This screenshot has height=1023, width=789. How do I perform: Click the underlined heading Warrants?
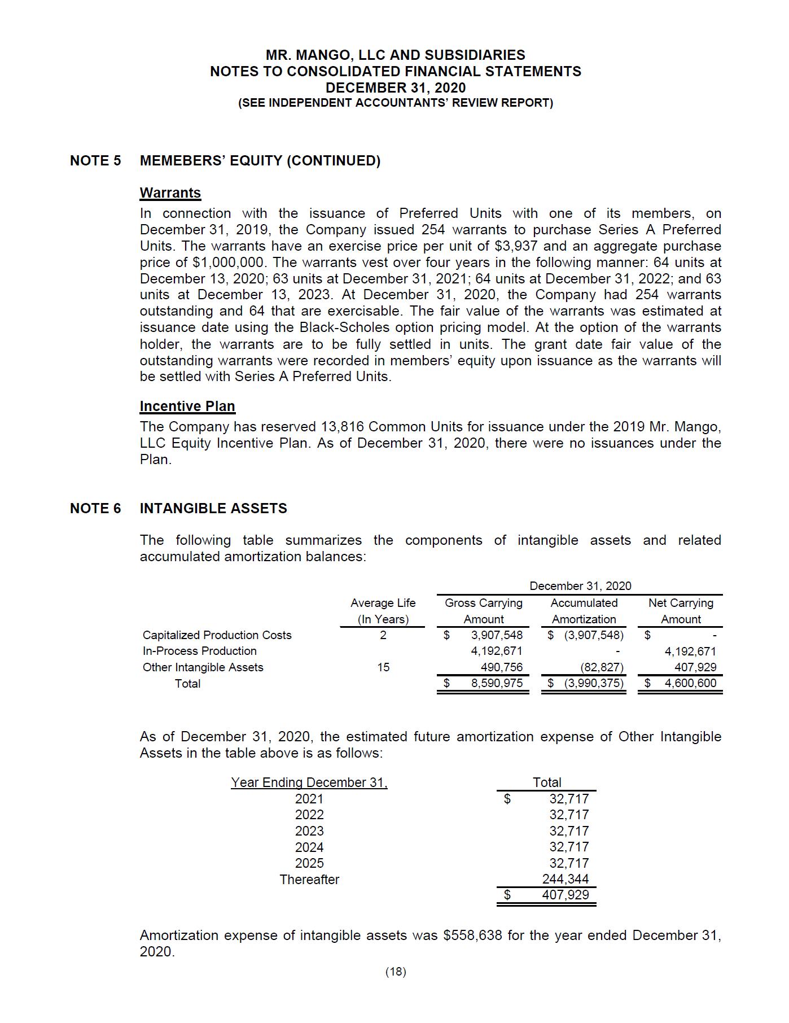170,193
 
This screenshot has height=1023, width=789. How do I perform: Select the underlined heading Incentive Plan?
187,406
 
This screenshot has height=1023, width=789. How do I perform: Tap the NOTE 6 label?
95,508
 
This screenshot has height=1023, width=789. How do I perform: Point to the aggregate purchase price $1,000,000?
229,263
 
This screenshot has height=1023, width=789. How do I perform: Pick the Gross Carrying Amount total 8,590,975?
497,683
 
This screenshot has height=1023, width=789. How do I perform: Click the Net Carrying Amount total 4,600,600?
690,683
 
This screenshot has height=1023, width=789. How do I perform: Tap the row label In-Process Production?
199,651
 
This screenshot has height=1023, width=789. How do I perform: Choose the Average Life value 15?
383,667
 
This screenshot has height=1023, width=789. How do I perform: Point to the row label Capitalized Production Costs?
217,635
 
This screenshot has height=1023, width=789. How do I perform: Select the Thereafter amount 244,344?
565,879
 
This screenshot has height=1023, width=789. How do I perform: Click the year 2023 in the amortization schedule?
309,831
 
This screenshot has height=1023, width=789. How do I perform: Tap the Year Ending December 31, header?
309,782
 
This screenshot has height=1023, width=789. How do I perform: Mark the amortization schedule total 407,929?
565,895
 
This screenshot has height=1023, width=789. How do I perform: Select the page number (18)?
396,972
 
